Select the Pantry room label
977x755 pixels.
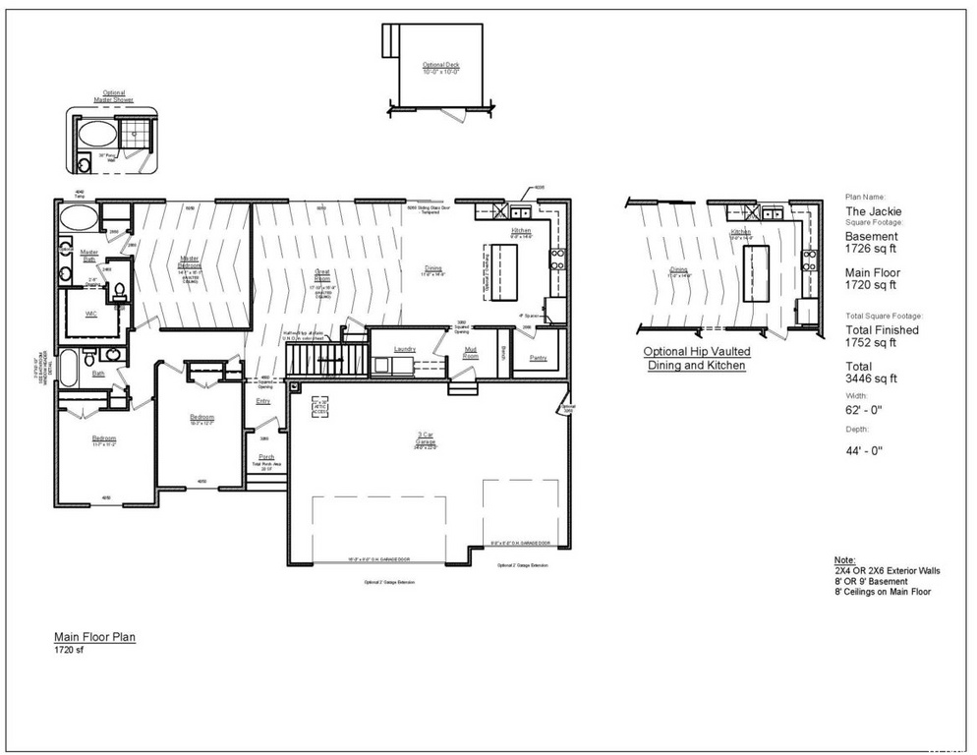click(538, 358)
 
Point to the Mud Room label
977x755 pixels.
click(471, 352)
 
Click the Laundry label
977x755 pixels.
click(405, 349)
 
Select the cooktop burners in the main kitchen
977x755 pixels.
click(557, 259)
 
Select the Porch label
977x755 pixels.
click(265, 457)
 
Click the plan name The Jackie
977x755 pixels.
click(873, 210)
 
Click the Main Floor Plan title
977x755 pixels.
click(94, 637)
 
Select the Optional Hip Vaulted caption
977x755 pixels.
click(697, 351)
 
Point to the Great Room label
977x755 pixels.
click(321, 271)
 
